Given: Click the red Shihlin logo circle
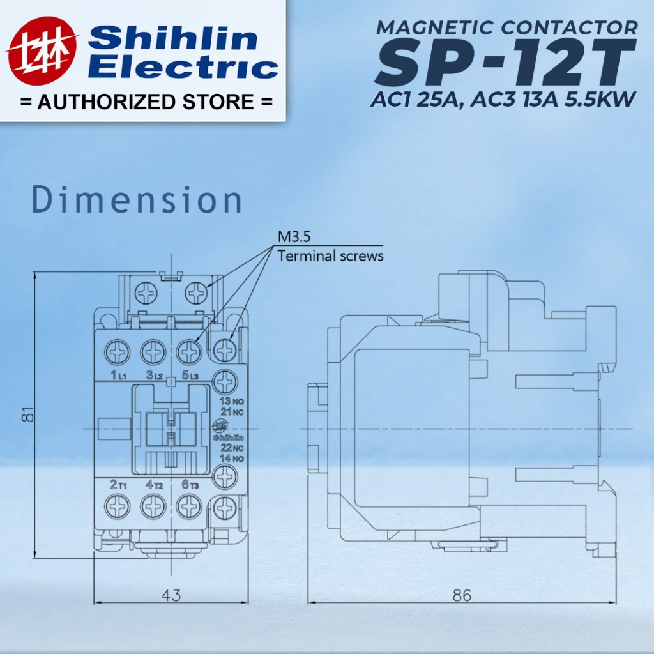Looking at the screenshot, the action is tap(43, 51).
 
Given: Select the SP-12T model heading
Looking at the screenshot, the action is tap(506, 62).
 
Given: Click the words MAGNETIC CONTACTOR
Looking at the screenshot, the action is tap(506, 27).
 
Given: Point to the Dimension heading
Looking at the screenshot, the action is tap(137, 200).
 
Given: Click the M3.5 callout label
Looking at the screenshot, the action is tap(294, 237).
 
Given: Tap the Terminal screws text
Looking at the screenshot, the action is tap(330, 255).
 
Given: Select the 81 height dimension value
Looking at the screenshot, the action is tap(27, 414).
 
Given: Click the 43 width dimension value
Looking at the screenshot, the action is tap(171, 595).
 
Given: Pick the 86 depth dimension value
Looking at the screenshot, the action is tap(462, 595).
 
